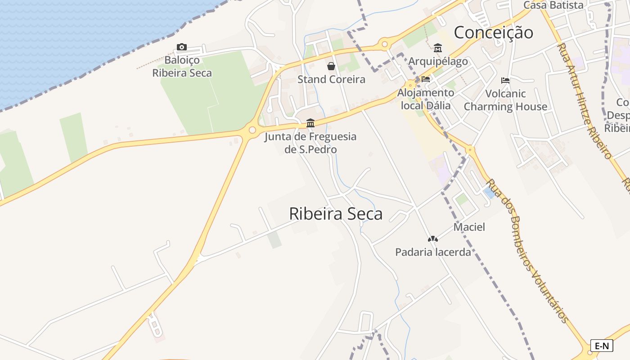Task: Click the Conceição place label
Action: pyautogui.click(x=493, y=32)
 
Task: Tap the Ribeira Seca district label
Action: pyautogui.click(x=336, y=214)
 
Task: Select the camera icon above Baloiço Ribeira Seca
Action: pyautogui.click(x=182, y=47)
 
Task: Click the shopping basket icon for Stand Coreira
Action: pyautogui.click(x=331, y=66)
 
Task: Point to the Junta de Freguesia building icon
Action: pyautogui.click(x=310, y=123)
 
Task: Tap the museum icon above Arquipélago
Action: pyautogui.click(x=438, y=48)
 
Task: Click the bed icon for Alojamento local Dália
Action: pyautogui.click(x=426, y=79)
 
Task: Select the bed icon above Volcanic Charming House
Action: pyautogui.click(x=505, y=81)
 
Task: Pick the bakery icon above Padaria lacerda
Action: pyautogui.click(x=432, y=239)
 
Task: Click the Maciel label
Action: pyautogui.click(x=469, y=227)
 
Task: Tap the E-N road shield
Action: pyautogui.click(x=602, y=346)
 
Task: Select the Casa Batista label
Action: pyautogui.click(x=553, y=5)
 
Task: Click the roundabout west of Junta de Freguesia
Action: pyautogui.click(x=252, y=130)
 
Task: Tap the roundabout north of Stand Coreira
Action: pyautogui.click(x=384, y=44)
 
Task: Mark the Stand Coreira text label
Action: pyautogui.click(x=331, y=80)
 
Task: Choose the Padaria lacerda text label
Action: pyautogui.click(x=433, y=252)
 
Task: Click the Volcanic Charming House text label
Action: pyautogui.click(x=505, y=100)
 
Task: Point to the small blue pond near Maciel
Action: pyautogui.click(x=489, y=193)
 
